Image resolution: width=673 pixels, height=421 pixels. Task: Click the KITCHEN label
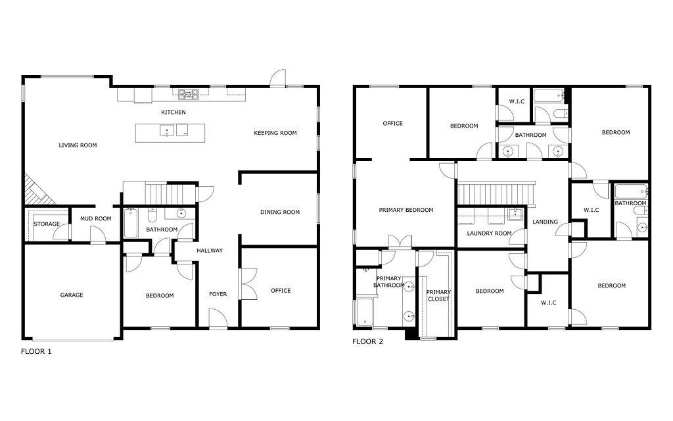tap(174, 112)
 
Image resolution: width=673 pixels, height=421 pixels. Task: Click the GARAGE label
tap(72, 295)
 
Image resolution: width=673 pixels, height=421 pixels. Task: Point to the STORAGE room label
tap(47, 224)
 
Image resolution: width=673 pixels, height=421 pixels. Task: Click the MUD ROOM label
tap(96, 218)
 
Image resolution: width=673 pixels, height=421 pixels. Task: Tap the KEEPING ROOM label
tap(275, 133)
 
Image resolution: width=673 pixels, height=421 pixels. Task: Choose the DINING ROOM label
tap(280, 212)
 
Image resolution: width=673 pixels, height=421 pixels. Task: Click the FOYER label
tap(218, 294)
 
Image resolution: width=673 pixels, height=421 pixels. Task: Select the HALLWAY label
tap(210, 251)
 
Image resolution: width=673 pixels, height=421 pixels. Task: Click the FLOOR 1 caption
tap(36, 351)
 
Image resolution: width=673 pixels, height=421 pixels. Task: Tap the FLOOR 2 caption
tap(368, 341)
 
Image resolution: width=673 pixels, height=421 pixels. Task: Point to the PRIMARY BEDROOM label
tap(406, 210)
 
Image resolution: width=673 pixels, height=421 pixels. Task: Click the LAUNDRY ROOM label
tap(489, 234)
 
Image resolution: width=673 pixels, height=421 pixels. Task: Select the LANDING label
tap(545, 222)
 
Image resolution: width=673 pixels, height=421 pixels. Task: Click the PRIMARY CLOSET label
tap(438, 295)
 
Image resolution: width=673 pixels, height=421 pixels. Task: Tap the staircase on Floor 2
tap(496, 194)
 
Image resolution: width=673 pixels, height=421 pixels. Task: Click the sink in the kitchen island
tap(166, 130)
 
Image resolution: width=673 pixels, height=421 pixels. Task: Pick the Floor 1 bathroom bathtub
tap(131, 223)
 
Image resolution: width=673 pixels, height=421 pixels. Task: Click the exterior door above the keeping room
tap(278, 78)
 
